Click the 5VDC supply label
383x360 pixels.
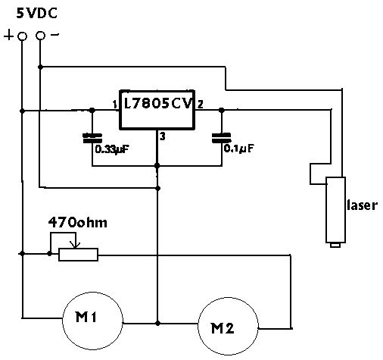click(37, 13)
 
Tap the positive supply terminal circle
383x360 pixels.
click(22, 36)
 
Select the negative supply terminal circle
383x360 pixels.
click(40, 36)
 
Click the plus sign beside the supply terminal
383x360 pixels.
click(8, 35)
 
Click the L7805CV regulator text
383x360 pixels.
click(158, 103)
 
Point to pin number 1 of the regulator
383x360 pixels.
click(115, 105)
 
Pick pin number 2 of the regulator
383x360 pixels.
click(200, 104)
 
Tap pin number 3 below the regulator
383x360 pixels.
click(163, 136)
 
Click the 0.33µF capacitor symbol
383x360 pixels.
click(92, 138)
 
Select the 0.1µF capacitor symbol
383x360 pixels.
click(222, 138)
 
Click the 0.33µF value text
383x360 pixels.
click(112, 149)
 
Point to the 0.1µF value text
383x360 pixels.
click(238, 149)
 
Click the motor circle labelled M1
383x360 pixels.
click(92, 321)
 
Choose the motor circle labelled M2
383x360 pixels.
click(228, 327)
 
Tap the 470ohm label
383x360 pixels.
click(78, 223)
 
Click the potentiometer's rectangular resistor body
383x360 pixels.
click(78, 255)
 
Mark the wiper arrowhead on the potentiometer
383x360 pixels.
click(75, 245)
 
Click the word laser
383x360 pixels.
click(363, 205)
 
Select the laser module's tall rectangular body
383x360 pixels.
click(335, 210)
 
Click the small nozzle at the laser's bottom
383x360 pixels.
click(335, 245)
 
